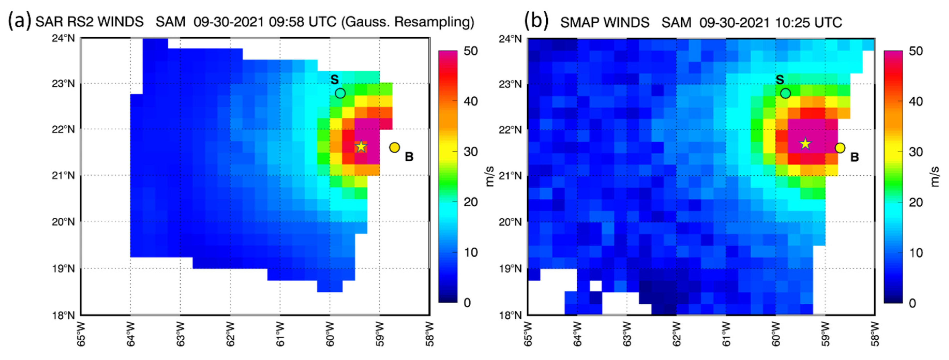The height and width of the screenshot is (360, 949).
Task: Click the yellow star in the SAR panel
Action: pos(361,146)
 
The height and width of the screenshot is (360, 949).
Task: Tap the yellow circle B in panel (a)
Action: pos(395,147)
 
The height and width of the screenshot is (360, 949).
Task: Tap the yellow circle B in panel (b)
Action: pos(840,148)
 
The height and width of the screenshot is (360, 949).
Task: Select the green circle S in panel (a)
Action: pos(340,93)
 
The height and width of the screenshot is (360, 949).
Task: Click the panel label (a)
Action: pos(19,20)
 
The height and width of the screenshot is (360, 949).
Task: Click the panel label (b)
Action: pos(536,20)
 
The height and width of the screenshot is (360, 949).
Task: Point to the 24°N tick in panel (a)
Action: pos(63,38)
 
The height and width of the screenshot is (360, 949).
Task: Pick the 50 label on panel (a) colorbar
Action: pos(470,51)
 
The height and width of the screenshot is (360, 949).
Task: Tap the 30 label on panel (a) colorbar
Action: pos(470,152)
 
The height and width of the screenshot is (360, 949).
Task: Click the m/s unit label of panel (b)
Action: pos(935,176)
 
